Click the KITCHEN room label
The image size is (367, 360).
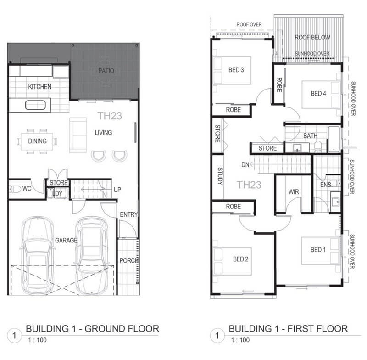coord(39,87)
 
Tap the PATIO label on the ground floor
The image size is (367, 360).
coord(106,71)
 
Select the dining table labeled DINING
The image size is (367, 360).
coord(37,141)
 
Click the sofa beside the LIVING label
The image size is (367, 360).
coord(78,135)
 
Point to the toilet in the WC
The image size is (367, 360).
coord(15,189)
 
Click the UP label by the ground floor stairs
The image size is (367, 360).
coord(117,190)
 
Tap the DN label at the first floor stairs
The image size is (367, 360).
coord(245,165)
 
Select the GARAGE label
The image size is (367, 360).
coord(66,240)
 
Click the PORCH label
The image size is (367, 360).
coord(128,260)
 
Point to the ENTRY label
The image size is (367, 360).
coord(128,214)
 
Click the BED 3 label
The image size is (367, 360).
coord(236,70)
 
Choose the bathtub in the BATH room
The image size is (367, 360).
coord(334,139)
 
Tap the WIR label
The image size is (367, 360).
coord(294,192)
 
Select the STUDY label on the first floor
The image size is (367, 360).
coord(220,176)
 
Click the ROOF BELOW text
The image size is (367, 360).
coord(312,38)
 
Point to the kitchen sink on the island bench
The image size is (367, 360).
coord(35,105)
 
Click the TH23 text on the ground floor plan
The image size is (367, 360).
coord(110,116)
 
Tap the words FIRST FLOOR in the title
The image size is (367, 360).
coord(317,329)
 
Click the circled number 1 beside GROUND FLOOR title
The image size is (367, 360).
coord(15,336)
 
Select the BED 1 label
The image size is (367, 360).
coord(318,250)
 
